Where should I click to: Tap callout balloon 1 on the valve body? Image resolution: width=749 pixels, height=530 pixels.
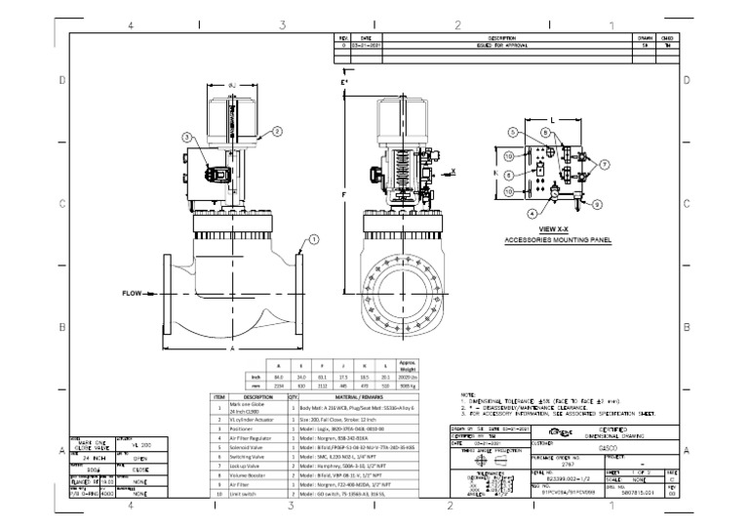[x=314, y=239]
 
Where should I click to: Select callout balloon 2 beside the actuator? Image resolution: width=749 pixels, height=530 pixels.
[x=276, y=130]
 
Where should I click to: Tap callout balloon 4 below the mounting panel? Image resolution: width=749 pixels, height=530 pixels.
[x=532, y=212]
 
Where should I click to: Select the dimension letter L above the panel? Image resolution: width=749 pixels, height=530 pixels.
[x=553, y=119]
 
